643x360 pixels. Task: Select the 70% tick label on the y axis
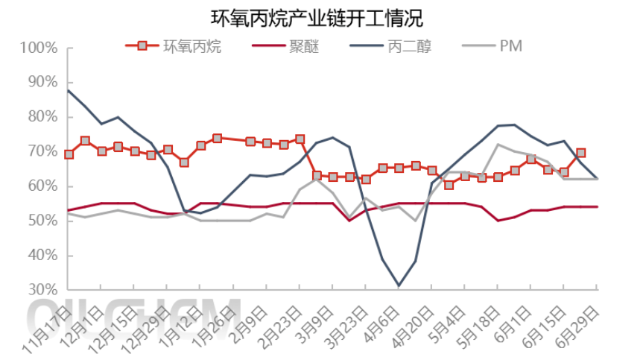[42, 151]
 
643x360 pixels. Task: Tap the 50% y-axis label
[42, 221]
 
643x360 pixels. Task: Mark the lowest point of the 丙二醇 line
[399, 285]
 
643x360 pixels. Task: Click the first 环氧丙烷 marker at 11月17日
[69, 154]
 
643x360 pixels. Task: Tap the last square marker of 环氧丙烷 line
[581, 153]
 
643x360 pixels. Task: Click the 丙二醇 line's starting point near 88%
[69, 90]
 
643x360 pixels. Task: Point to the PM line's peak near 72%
[498, 144]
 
